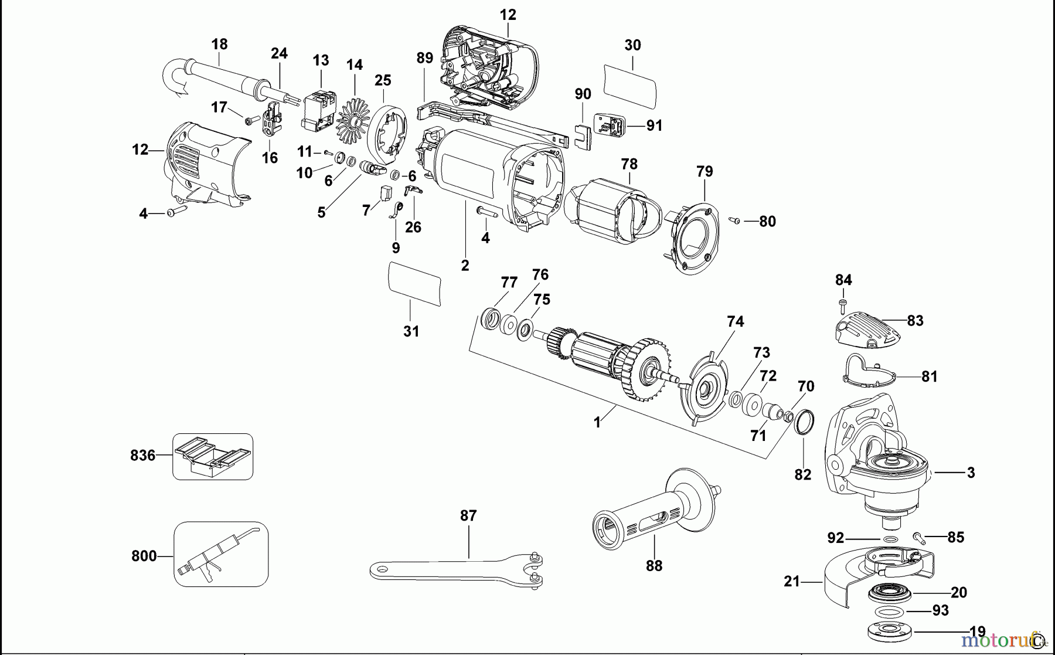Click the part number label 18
pyautogui.click(x=219, y=44)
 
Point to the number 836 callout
pyautogui.click(x=142, y=455)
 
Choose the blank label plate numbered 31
pyautogui.click(x=414, y=283)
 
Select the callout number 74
pyautogui.click(x=735, y=321)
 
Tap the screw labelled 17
pyautogui.click(x=250, y=120)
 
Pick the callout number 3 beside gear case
pyautogui.click(x=971, y=472)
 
